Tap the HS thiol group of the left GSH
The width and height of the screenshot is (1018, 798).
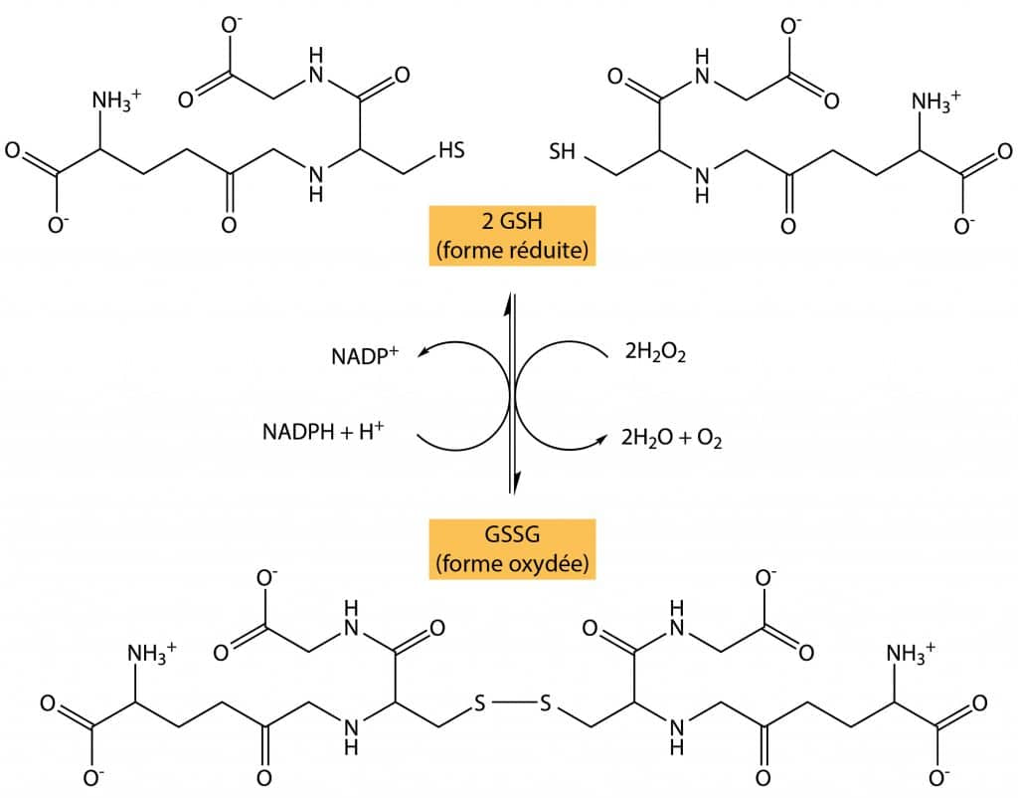[x=452, y=151]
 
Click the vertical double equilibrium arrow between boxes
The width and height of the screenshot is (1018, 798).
[x=512, y=393]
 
